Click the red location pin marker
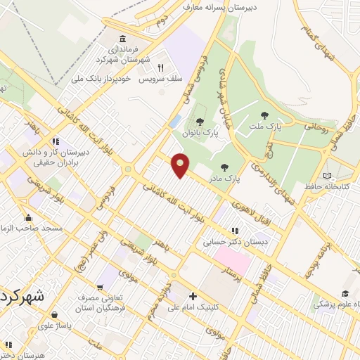(x=181, y=165)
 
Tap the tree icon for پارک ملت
(x=264, y=115)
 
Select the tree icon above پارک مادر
(x=224, y=167)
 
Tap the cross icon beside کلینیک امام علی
(x=191, y=296)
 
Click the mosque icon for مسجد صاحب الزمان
(x=29, y=217)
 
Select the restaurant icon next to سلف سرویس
(x=160, y=67)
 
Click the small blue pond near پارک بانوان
(x=174, y=122)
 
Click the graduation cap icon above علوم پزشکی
(x=345, y=294)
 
